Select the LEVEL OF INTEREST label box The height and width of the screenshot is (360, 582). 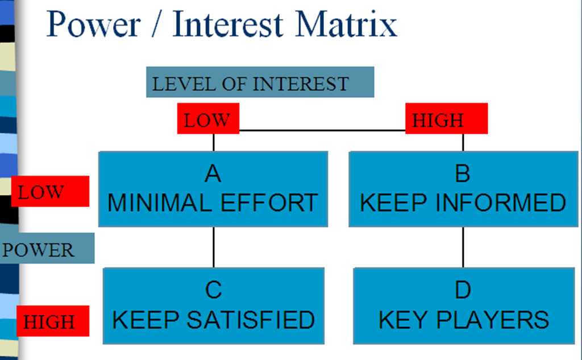(x=260, y=82)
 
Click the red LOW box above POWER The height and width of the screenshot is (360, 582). (x=50, y=191)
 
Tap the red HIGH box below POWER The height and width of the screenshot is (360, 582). (x=53, y=321)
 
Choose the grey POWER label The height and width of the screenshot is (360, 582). (x=47, y=249)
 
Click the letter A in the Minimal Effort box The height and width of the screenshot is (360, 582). (x=213, y=174)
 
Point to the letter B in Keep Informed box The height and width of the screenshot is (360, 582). (x=463, y=174)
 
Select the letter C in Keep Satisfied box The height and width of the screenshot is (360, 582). (x=213, y=290)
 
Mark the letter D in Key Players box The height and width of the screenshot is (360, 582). (x=463, y=290)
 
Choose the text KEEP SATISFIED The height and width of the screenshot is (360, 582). (x=213, y=320)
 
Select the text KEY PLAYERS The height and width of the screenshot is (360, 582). (x=463, y=320)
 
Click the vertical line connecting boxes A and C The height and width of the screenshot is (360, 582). (x=214, y=247)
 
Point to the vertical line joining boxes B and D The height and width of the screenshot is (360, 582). (x=463, y=247)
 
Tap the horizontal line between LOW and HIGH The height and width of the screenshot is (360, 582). (x=322, y=131)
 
